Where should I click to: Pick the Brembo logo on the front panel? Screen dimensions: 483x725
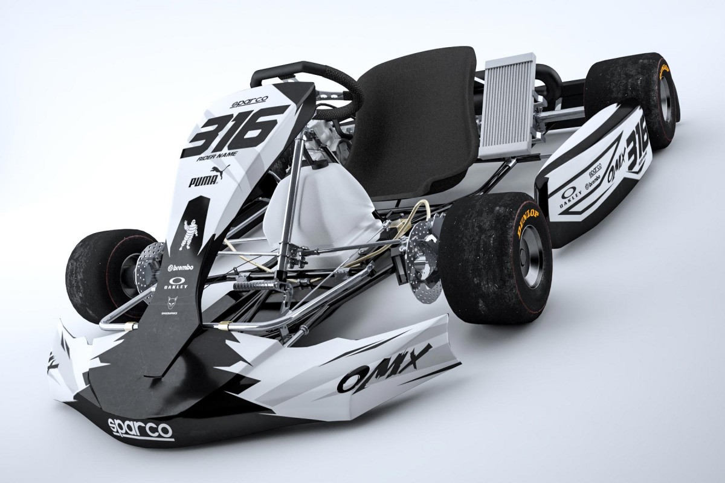[x=178, y=266]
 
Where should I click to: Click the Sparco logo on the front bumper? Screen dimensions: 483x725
[x=140, y=428]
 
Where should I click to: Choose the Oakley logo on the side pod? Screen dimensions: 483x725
[x=571, y=199]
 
